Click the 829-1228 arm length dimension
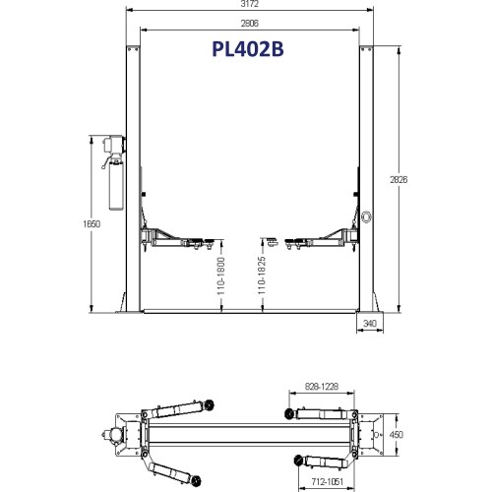pos(320,388)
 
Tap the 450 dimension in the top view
pos(398,434)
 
